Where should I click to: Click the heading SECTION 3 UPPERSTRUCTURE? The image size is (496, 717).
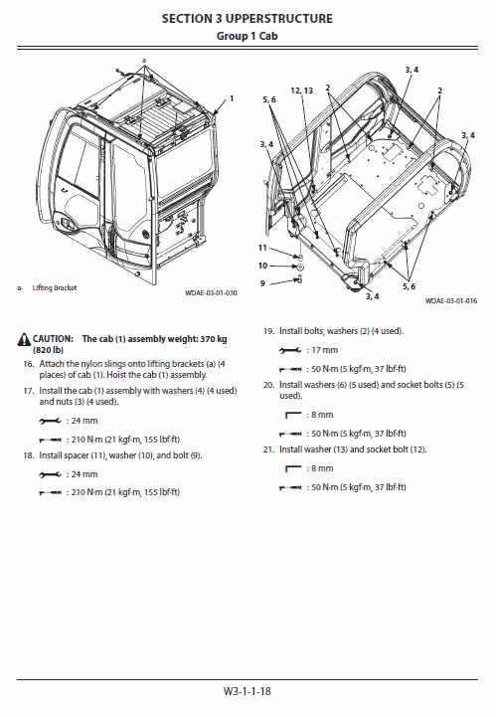click(x=248, y=19)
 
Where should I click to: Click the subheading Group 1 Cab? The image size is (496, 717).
click(x=248, y=35)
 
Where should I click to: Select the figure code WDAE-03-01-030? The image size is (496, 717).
click(x=211, y=293)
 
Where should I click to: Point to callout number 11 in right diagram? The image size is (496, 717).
click(x=262, y=247)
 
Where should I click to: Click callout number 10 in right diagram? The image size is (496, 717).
click(x=262, y=266)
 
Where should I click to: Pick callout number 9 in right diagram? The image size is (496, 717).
click(x=262, y=283)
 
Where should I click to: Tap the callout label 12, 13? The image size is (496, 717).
click(x=301, y=90)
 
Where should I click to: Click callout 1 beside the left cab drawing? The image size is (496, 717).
click(x=232, y=98)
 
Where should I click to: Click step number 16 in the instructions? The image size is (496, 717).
click(x=29, y=365)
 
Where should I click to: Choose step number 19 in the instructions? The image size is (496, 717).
click(x=268, y=330)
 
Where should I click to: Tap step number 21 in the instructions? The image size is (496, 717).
click(x=268, y=449)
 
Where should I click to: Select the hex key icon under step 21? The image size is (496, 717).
click(x=293, y=468)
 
